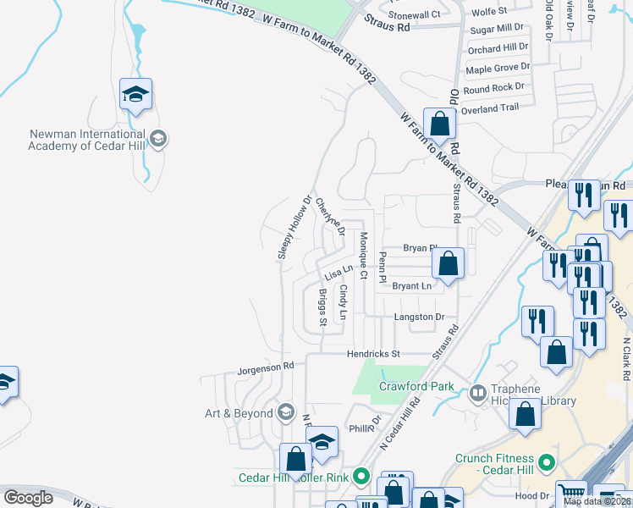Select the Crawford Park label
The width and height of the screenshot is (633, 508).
click(416, 387)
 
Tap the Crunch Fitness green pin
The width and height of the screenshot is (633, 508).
click(546, 464)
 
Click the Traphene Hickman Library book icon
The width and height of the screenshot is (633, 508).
click(478, 393)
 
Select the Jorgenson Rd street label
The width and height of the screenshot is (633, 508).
click(265, 367)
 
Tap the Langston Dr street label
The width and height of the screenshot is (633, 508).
click(419, 317)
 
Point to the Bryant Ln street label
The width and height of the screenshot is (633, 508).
click(412, 286)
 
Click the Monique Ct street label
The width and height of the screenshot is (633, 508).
click(363, 255)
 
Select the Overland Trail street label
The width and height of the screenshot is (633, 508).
click(490, 108)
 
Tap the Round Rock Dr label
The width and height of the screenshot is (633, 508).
click(495, 87)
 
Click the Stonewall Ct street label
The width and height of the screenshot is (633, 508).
click(415, 14)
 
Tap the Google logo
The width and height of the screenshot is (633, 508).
click(28, 498)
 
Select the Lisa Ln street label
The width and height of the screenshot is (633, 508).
click(339, 273)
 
